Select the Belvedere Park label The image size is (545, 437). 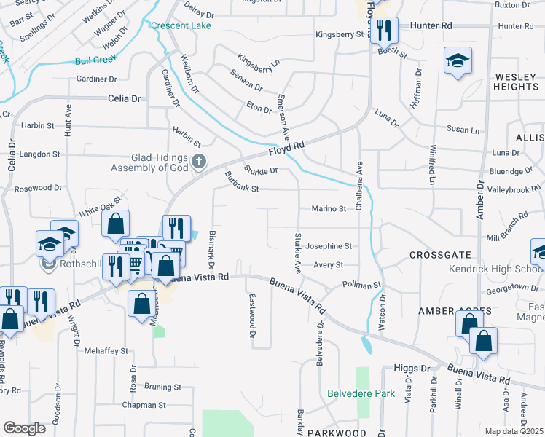coord(361,394)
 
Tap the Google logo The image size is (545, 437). coord(24,428)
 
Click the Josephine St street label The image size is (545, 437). coord(328,246)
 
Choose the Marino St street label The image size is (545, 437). coord(329,209)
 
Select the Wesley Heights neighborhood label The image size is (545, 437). coord(516,82)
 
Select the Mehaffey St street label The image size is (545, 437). coord(106,350)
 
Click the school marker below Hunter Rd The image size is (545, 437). coord(458,61)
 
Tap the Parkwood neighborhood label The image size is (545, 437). coord(336,433)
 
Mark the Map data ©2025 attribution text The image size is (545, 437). coord(514,431)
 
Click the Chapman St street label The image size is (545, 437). coord(145,405)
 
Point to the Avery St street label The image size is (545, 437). coord(328,265)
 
